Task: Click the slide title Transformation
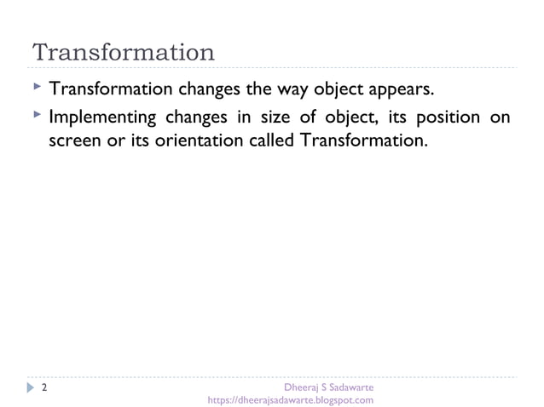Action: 123,52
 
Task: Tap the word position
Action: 449,117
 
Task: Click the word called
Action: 272,139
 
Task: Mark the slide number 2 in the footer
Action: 43,387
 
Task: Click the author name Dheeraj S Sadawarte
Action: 328,387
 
